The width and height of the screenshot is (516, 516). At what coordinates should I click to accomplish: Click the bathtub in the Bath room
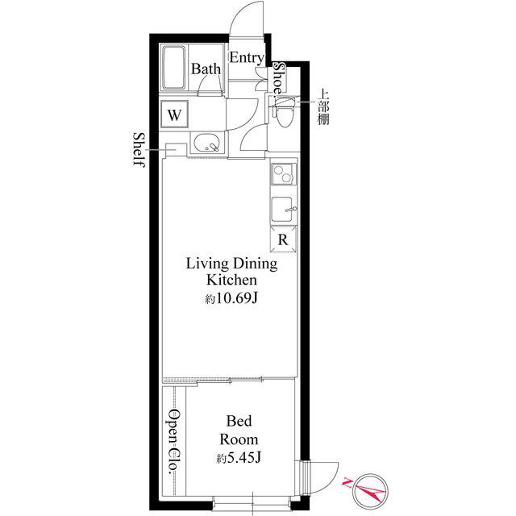174,68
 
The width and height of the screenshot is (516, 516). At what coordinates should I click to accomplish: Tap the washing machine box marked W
174,114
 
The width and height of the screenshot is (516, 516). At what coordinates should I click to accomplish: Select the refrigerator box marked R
283,239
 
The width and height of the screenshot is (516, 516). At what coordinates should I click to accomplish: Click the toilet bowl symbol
283,112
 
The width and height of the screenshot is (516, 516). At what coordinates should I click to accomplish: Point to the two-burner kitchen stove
283,173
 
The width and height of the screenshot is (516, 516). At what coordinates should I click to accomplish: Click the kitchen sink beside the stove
283,210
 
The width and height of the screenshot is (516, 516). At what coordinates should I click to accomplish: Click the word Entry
247,58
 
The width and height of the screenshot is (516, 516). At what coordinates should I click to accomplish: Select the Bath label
206,69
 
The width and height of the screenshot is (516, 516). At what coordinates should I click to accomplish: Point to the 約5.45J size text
239,458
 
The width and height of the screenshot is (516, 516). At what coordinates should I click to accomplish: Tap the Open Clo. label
173,441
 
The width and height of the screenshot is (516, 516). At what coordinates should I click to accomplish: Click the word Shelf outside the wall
139,150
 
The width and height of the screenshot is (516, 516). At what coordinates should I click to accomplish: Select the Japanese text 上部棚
323,107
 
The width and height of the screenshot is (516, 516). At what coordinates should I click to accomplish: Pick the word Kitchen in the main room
231,280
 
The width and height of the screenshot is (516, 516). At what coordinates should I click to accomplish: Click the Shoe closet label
281,78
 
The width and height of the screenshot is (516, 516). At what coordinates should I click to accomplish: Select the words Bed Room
239,430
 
